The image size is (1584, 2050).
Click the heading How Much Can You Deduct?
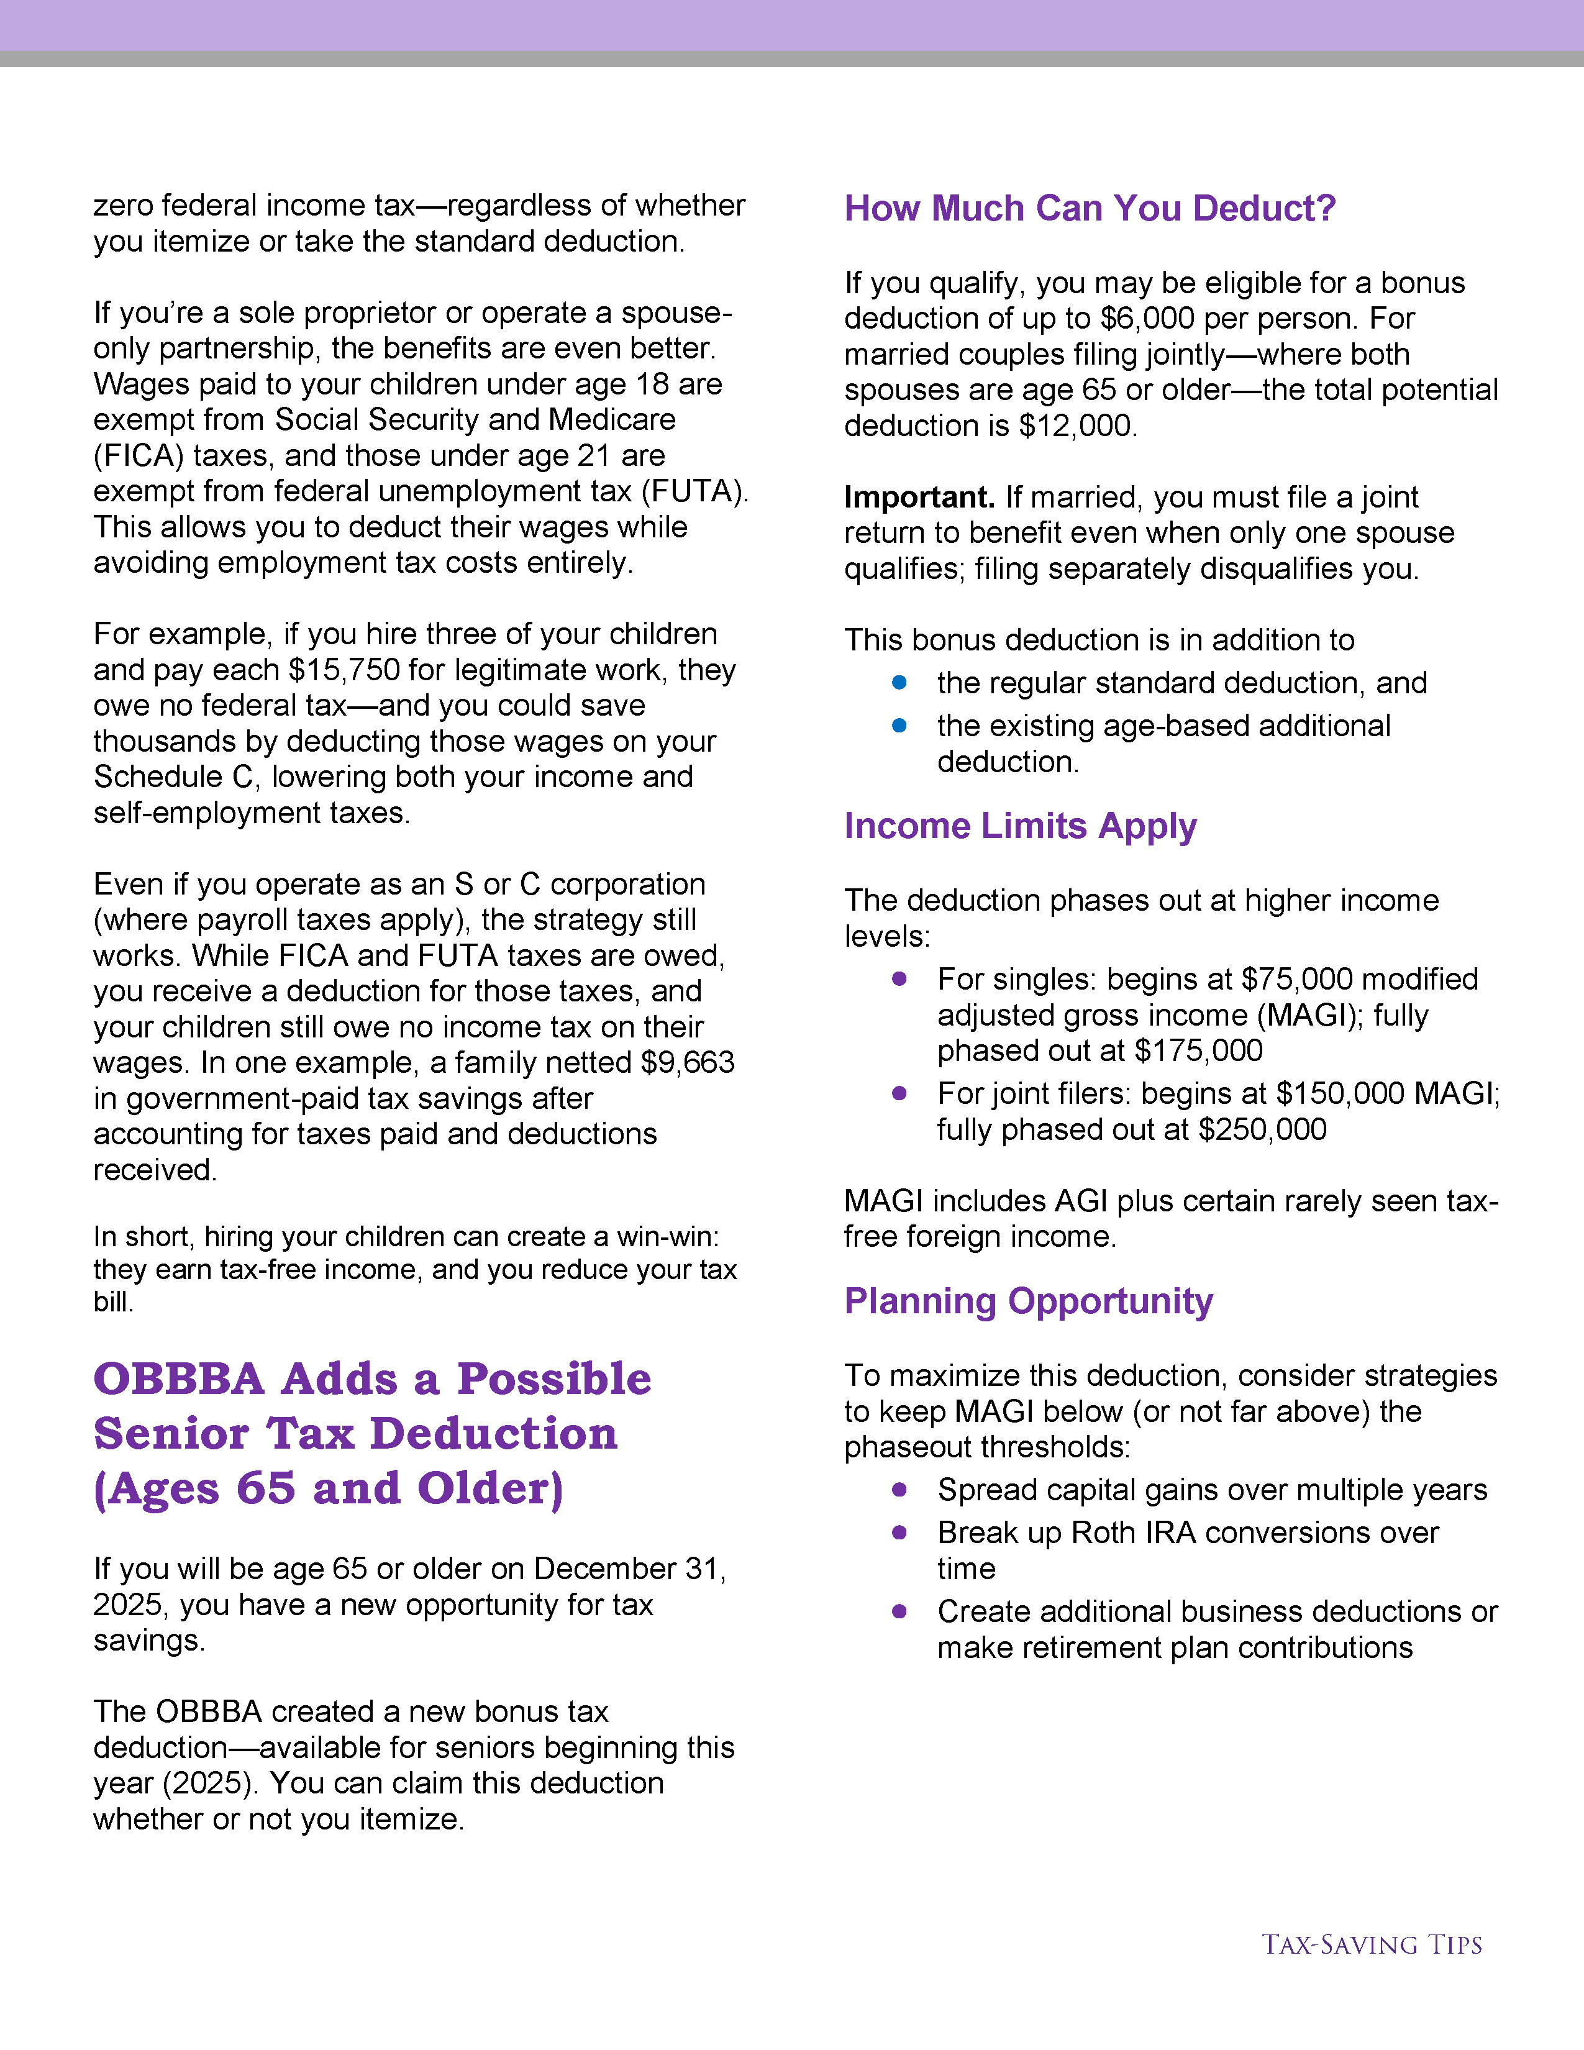click(1090, 208)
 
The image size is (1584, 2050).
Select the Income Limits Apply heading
click(1020, 826)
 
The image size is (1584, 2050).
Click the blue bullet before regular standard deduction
click(899, 682)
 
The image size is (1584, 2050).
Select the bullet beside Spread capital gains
click(899, 1490)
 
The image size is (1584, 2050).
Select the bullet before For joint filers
click(899, 1093)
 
